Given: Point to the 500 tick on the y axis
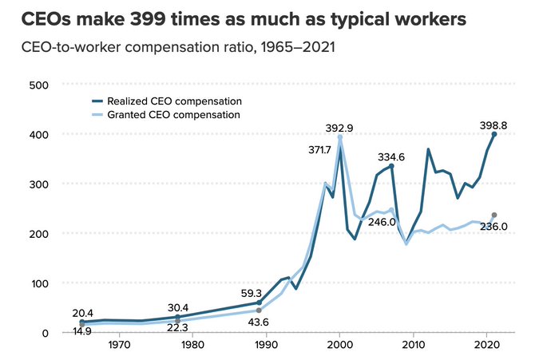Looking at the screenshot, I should tap(38, 85).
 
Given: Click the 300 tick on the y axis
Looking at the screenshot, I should tap(38, 184).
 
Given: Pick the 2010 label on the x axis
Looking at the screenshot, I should tap(413, 346).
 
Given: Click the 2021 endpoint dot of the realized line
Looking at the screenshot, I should tap(494, 135).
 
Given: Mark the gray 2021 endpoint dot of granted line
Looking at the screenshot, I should tap(494, 216).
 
